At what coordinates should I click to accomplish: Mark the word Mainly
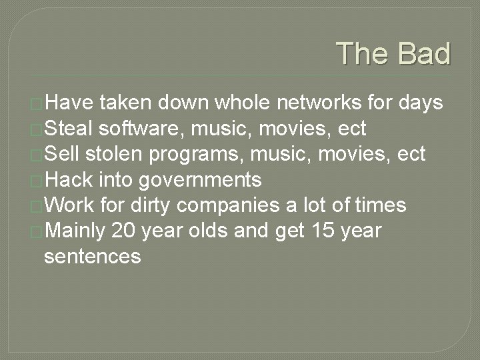coord(75,231)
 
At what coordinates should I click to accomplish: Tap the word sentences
coord(92,256)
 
